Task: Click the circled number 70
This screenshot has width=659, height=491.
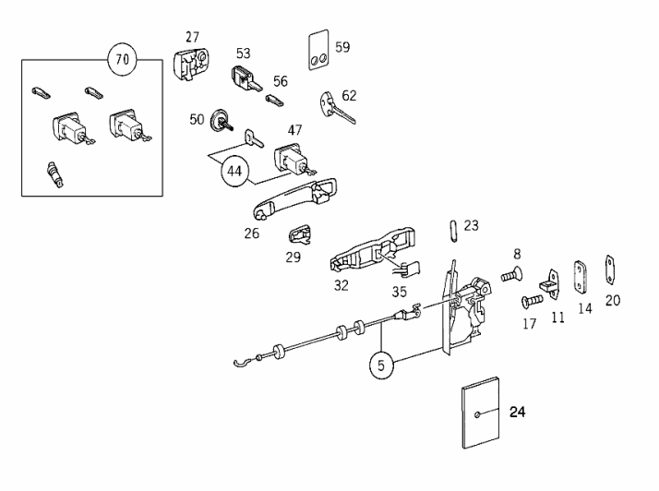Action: click(x=123, y=59)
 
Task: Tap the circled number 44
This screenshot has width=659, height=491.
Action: click(x=234, y=171)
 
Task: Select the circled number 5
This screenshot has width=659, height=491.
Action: click(x=381, y=365)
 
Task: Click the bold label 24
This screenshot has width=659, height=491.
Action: click(x=517, y=412)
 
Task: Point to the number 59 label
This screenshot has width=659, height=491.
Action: click(x=342, y=47)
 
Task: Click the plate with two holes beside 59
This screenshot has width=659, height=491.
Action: click(x=318, y=50)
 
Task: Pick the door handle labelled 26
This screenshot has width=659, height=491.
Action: click(x=294, y=198)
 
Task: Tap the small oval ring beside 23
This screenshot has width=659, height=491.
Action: click(x=453, y=231)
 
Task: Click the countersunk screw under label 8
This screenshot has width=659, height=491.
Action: click(x=511, y=275)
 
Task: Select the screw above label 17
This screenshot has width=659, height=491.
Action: click(x=532, y=301)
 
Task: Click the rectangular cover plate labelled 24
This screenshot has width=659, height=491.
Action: click(x=480, y=413)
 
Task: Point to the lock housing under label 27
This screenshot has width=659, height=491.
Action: click(x=191, y=64)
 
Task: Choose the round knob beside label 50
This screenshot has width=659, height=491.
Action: click(x=220, y=120)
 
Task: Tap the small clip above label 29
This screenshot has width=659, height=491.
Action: click(x=300, y=234)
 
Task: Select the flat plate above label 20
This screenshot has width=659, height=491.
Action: click(x=609, y=269)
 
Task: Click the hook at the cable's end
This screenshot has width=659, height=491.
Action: click(x=242, y=362)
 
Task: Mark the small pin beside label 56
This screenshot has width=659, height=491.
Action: click(x=274, y=101)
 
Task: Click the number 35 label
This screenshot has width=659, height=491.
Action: click(x=400, y=292)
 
